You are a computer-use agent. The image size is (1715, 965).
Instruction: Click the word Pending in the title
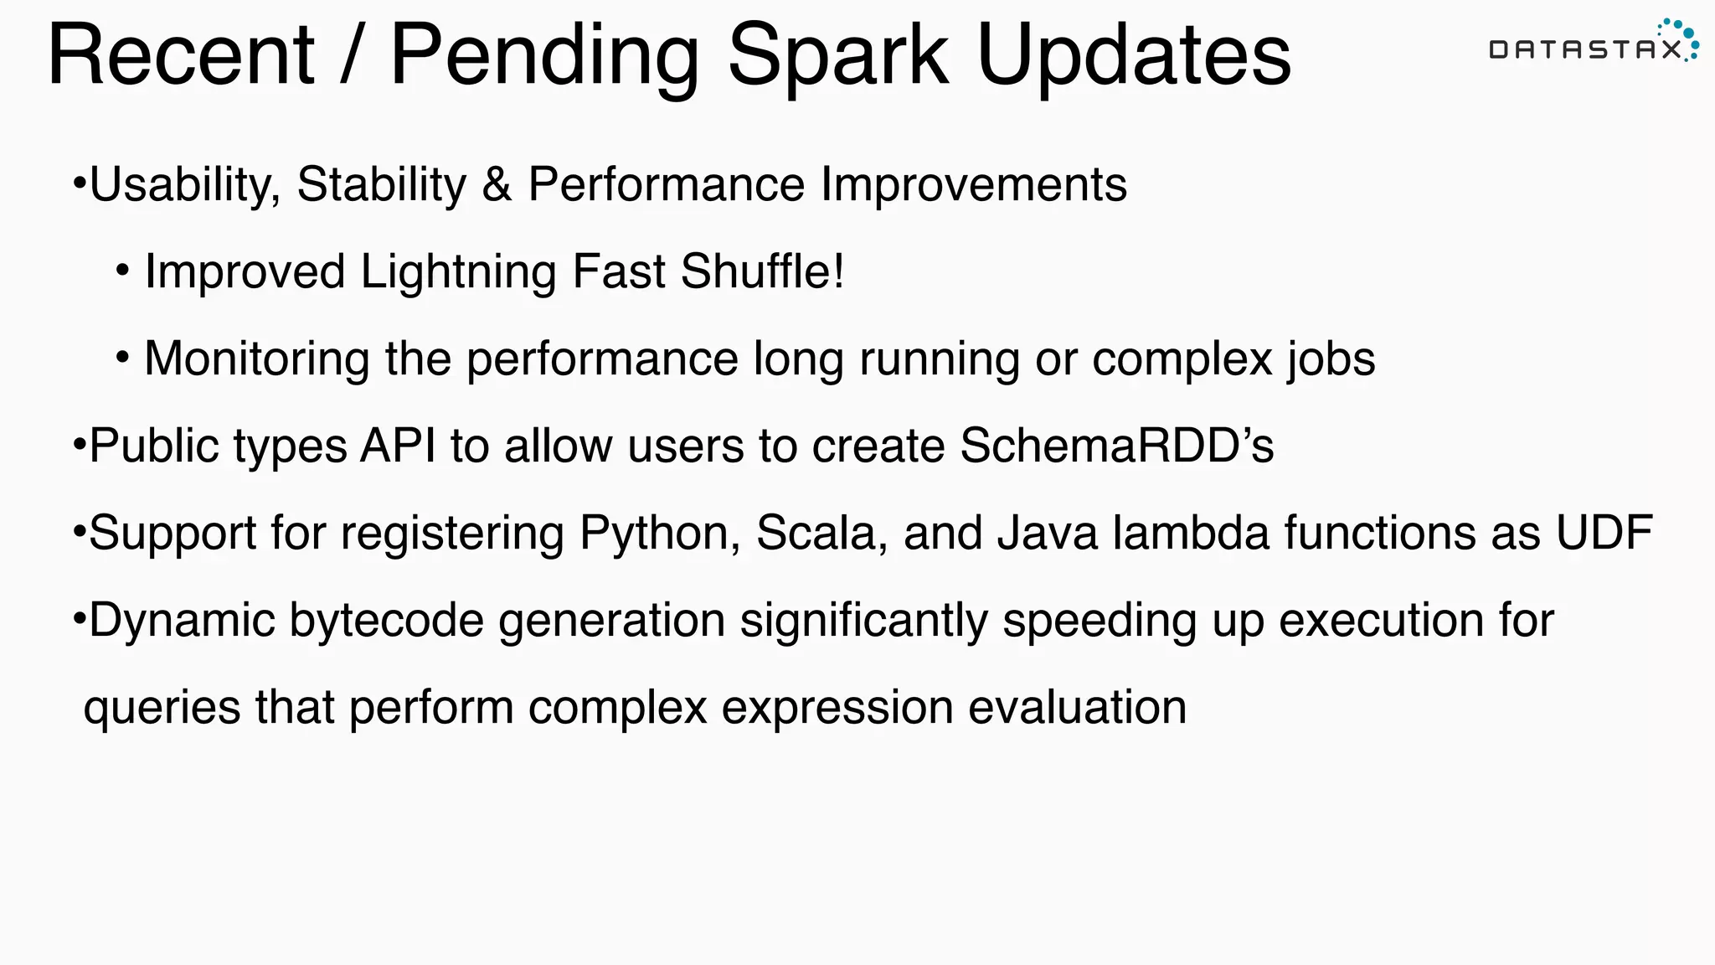point(544,57)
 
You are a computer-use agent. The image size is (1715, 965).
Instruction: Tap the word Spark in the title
point(837,57)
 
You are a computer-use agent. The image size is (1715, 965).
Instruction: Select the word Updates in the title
point(1134,57)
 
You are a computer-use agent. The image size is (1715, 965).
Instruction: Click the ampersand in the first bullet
point(497,184)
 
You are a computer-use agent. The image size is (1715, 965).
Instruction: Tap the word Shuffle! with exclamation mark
point(762,271)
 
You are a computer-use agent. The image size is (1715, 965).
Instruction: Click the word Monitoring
point(256,359)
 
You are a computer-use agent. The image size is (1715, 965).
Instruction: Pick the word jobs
point(1331,359)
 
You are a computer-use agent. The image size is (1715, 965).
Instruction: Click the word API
point(398,446)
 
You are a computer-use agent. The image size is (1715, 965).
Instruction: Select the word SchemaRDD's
point(1116,446)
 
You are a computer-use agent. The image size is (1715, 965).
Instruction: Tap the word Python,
point(660,534)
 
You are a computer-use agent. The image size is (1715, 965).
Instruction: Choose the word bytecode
point(386,621)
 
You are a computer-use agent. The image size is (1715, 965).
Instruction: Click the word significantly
point(863,621)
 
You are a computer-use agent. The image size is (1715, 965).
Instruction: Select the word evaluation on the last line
point(1077,707)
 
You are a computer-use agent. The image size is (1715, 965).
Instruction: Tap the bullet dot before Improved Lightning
point(123,271)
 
